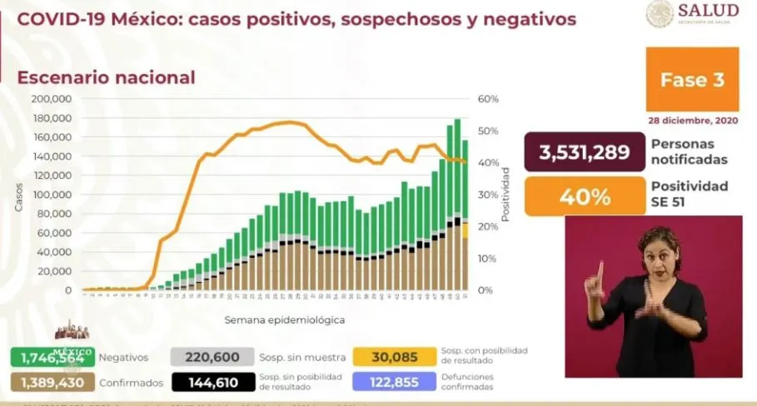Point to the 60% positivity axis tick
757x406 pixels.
488,98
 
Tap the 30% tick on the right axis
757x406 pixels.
488,195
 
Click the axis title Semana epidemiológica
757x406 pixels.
284,319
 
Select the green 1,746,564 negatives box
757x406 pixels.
51,357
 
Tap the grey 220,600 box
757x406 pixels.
211,357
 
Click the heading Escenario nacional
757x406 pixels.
107,77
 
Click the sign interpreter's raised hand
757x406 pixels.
596,279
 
